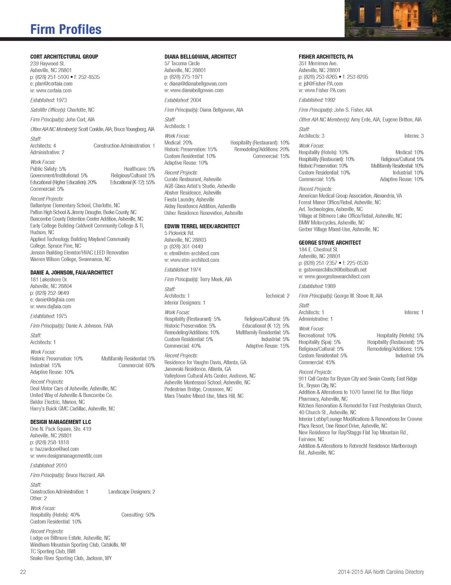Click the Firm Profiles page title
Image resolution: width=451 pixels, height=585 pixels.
[x=66, y=29]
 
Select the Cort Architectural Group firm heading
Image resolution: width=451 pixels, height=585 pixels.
[x=64, y=57]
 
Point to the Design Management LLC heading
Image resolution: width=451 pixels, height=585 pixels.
[x=60, y=422]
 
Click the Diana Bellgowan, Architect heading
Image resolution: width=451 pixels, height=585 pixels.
[x=200, y=57]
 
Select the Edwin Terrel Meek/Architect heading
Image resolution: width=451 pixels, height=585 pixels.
[x=202, y=226]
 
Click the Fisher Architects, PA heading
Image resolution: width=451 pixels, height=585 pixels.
[x=325, y=57]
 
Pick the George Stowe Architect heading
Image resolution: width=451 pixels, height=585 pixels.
[x=329, y=243]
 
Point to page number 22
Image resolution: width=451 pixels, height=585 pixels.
[x=23, y=572]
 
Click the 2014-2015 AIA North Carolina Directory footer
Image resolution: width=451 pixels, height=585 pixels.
[x=381, y=572]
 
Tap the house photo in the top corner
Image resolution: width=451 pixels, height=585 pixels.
[x=397, y=18]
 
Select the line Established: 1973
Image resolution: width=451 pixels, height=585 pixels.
[x=48, y=100]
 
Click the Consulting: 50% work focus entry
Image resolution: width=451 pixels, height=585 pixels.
[x=138, y=515]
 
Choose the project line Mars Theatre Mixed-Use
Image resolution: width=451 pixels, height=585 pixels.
[x=203, y=396]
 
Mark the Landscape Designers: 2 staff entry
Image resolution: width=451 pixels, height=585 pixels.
[x=131, y=492]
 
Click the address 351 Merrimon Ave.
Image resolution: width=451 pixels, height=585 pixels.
[x=318, y=63]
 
